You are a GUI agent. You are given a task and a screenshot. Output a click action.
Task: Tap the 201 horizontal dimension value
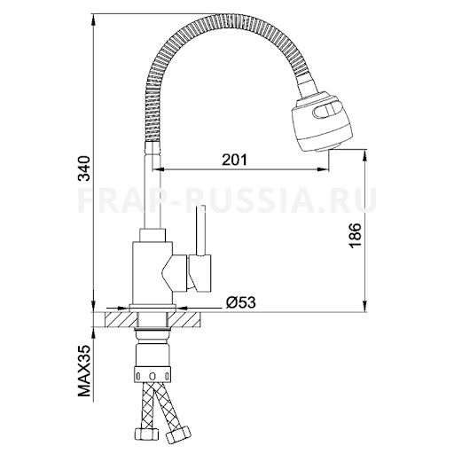coord(232,160)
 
